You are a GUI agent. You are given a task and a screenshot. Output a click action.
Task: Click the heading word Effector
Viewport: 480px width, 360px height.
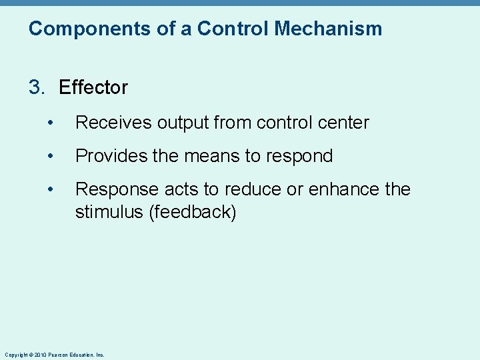93,87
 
